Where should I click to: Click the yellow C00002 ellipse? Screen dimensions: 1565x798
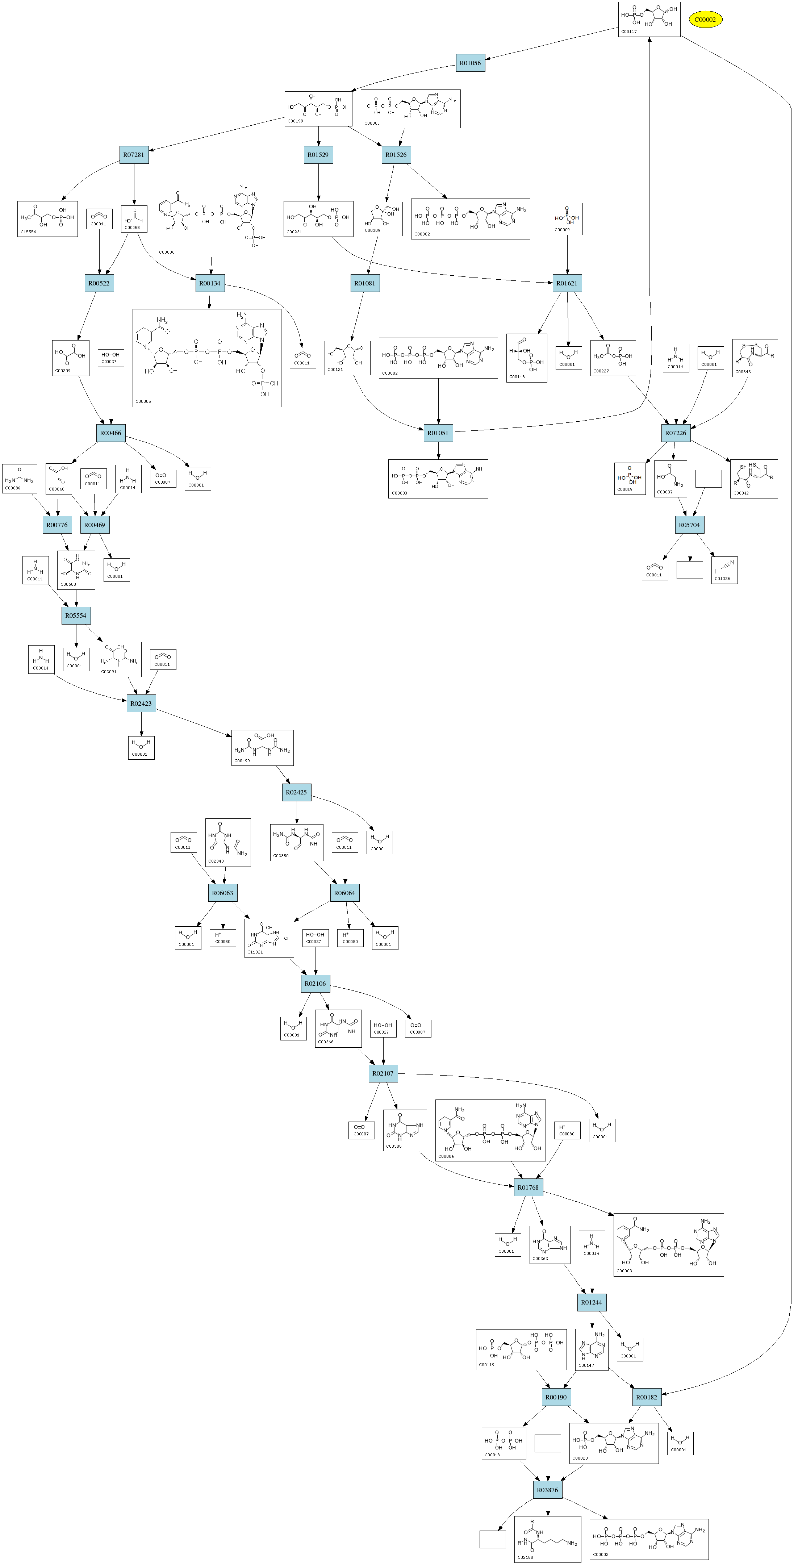point(705,20)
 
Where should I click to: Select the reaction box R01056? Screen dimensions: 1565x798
point(470,63)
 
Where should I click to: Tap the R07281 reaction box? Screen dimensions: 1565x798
point(134,155)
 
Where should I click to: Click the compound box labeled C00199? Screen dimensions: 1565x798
point(318,109)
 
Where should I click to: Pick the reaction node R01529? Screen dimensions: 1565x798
point(318,155)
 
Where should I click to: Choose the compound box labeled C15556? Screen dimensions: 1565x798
point(47,219)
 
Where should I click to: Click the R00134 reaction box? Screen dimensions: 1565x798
point(210,283)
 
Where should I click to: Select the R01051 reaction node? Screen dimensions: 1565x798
point(438,433)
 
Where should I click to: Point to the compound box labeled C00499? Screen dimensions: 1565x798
point(262,748)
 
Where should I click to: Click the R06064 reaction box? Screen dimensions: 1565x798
point(344,893)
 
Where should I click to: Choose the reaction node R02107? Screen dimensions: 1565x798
point(383,1073)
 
